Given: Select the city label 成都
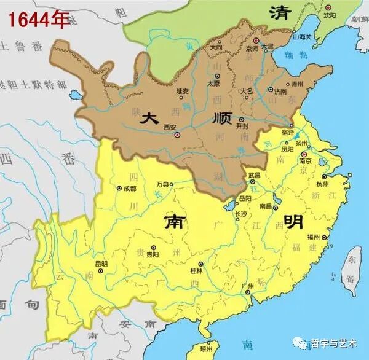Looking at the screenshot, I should [x=129, y=188].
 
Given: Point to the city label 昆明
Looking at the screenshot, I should [x=102, y=264].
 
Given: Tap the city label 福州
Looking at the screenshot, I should [x=314, y=237].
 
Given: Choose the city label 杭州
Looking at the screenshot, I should [x=322, y=184].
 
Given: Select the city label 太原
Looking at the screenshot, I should [x=213, y=82].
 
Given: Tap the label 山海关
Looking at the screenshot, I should [x=303, y=37].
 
